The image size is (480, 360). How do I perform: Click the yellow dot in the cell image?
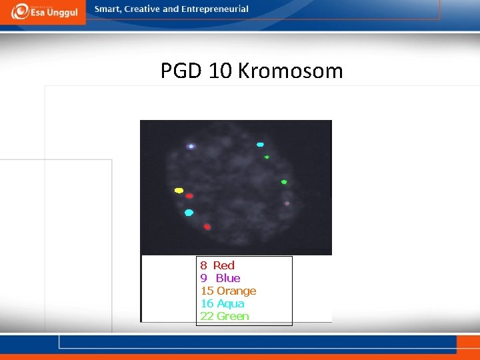tap(179, 191)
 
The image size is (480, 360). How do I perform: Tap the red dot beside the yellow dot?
tap(189, 196)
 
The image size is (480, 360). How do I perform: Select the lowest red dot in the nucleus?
tap(207, 227)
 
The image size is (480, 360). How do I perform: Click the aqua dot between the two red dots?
tap(189, 213)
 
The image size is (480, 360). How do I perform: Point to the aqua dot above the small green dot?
tap(260, 145)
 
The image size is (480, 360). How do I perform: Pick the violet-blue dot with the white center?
tap(191, 146)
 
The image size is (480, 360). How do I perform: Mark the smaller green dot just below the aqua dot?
tap(267, 157)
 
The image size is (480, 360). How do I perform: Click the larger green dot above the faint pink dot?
tap(284, 182)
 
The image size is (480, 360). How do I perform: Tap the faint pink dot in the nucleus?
tap(287, 203)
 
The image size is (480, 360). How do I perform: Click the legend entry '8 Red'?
tap(217, 265)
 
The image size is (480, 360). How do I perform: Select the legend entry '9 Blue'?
tap(220, 278)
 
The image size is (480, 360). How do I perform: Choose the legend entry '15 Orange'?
tap(228, 291)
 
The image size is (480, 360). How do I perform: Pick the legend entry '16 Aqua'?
tap(222, 303)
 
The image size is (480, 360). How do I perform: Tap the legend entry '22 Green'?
tap(225, 316)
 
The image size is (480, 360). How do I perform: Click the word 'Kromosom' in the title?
tap(290, 71)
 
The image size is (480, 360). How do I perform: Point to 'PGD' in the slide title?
tap(182, 71)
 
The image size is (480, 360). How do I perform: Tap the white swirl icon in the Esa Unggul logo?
tap(20, 11)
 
